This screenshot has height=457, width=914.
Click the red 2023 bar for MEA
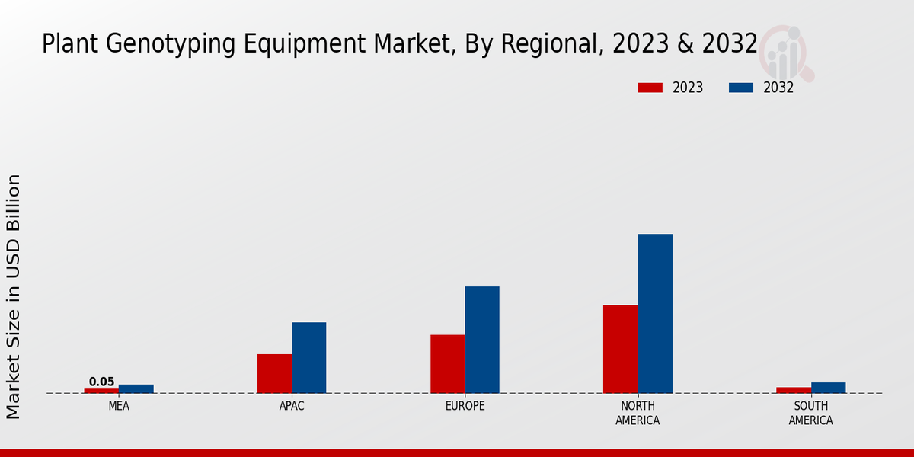tap(101, 391)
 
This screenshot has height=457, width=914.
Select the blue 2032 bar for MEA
tap(136, 388)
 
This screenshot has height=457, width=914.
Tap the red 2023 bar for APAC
tap(274, 373)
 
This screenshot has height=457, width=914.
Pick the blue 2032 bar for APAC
tap(308, 357)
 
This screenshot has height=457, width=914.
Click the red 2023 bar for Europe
tap(447, 363)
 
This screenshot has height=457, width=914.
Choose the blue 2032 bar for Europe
tap(482, 340)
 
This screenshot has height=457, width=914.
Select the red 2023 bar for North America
tap(620, 349)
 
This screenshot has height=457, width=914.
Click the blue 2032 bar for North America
tap(655, 313)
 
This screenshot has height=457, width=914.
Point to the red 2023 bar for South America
tap(793, 390)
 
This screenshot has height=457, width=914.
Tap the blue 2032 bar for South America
tap(828, 388)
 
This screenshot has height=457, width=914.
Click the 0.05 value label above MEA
tap(101, 382)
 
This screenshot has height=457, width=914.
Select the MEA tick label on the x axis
tap(119, 406)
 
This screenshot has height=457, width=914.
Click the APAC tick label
tap(292, 406)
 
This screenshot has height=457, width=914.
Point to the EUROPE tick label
tap(465, 406)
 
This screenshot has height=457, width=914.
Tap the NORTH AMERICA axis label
tap(638, 413)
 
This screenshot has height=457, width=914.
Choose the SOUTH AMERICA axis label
tap(810, 413)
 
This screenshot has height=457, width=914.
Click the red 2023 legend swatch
tap(650, 88)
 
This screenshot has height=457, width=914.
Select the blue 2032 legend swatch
tap(741, 88)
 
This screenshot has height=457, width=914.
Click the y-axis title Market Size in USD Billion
tap(14, 296)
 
